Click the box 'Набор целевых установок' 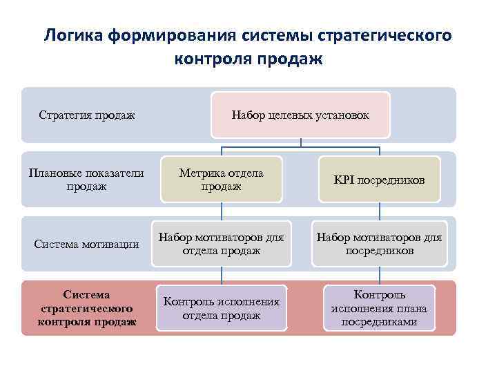[300, 115]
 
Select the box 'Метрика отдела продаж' [221, 180]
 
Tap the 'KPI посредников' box [379, 180]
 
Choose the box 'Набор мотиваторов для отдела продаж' [221, 244]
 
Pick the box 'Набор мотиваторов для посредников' [379, 244]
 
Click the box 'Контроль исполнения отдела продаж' [221, 308]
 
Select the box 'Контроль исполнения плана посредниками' [379, 308]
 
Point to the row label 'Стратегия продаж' [87, 115]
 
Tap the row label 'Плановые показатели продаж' [87, 180]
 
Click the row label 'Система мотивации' [87, 244]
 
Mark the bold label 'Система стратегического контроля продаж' [87, 308]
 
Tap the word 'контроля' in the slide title [213, 59]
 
